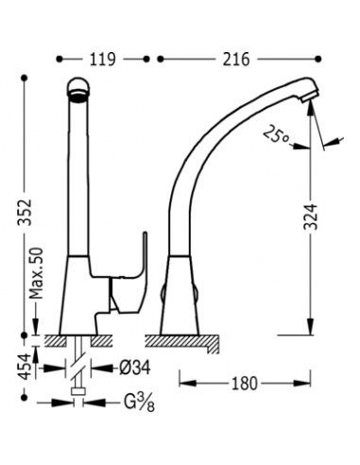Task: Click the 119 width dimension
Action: tap(103, 60)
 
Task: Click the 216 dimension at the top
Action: tap(236, 60)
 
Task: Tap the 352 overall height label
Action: tap(25, 212)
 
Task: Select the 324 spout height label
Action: tap(311, 216)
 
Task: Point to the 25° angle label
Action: tap(276, 135)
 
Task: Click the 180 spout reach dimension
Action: tap(245, 384)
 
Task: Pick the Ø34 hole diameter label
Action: tap(135, 368)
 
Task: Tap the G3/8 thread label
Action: tap(139, 403)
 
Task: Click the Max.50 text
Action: tap(36, 273)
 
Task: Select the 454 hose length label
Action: tap(25, 366)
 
